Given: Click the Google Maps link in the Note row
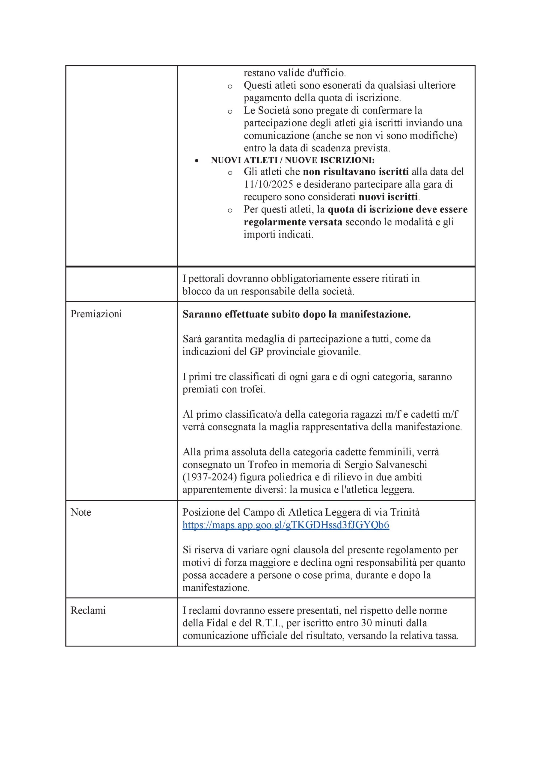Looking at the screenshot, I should click(x=286, y=525).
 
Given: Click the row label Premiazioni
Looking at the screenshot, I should click(x=96, y=314).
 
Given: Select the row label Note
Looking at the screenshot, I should click(x=81, y=512).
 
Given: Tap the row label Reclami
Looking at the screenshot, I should click(x=88, y=610).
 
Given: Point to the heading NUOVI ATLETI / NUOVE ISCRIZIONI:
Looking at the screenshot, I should click(x=292, y=160).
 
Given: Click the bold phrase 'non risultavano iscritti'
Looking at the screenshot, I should click(x=356, y=172).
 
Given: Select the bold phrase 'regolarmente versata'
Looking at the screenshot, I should click(x=293, y=222).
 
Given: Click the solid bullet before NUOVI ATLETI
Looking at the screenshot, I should click(x=197, y=161).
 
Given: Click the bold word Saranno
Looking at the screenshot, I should click(x=202, y=314).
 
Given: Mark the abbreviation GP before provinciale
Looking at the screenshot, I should click(x=257, y=352).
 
